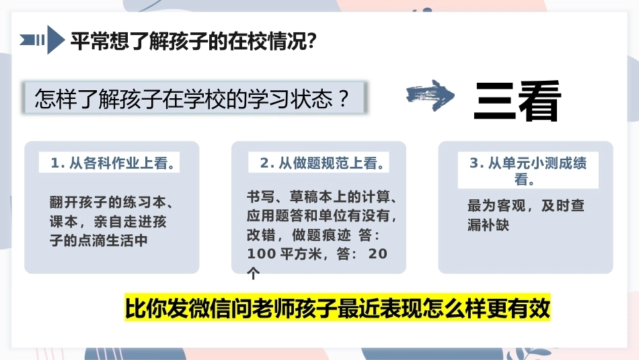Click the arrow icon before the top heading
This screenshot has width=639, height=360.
click(42, 40)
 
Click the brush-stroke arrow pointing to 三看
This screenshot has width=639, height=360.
click(430, 96)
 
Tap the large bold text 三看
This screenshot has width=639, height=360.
click(517, 101)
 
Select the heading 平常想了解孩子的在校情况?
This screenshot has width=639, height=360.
click(194, 41)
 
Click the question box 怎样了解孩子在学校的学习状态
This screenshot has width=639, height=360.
click(195, 98)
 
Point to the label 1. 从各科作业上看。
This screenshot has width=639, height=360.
click(113, 163)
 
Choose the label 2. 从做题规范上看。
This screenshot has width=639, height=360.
click(322, 163)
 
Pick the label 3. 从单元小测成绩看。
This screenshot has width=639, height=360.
click(528, 170)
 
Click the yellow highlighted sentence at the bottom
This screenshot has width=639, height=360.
click(338, 308)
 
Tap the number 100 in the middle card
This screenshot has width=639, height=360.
click(262, 254)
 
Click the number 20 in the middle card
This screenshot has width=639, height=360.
click(378, 254)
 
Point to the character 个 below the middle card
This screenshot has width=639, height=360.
click(254, 273)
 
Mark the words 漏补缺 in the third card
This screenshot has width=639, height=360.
click(488, 225)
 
